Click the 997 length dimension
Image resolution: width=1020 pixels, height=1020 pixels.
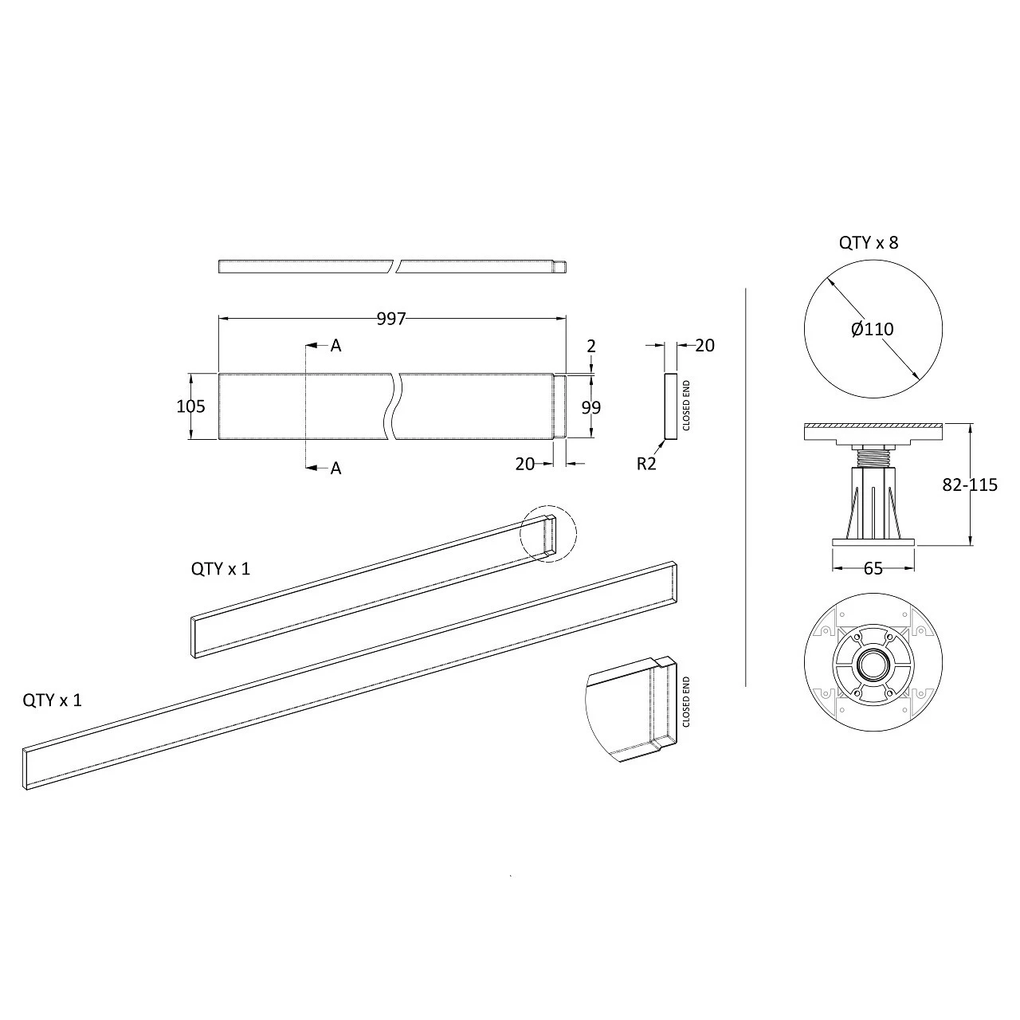tap(391, 319)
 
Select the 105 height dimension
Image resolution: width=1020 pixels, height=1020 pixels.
tap(190, 406)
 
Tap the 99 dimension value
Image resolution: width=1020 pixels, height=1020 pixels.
tap(590, 407)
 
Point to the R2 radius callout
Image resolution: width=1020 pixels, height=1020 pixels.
tap(646, 464)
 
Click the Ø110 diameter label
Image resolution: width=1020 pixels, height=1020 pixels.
tap(873, 329)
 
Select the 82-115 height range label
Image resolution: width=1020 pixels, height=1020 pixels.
tap(970, 484)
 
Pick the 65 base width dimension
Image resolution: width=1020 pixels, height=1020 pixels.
tap(873, 568)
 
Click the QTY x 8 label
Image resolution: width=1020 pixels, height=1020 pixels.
tap(869, 243)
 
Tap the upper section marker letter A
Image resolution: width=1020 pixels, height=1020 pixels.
tap(335, 346)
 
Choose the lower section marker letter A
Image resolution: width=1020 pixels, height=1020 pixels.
tap(335, 469)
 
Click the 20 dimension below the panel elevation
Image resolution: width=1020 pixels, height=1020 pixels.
tap(524, 464)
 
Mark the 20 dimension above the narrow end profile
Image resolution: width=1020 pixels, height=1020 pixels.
tap(704, 345)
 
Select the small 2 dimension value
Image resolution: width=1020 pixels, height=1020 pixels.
tap(590, 346)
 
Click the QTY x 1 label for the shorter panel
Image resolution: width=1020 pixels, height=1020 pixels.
tap(220, 569)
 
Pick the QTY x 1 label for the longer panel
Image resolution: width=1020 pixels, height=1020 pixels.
tap(52, 700)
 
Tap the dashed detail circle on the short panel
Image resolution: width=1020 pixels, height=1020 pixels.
tap(547, 534)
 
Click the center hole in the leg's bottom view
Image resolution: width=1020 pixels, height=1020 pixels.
tap(873, 664)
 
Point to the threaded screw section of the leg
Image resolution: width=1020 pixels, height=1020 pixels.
tap(873, 457)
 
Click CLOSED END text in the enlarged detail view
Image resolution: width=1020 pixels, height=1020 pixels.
tap(686, 703)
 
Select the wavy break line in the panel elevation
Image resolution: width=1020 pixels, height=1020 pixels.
tap(396, 406)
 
